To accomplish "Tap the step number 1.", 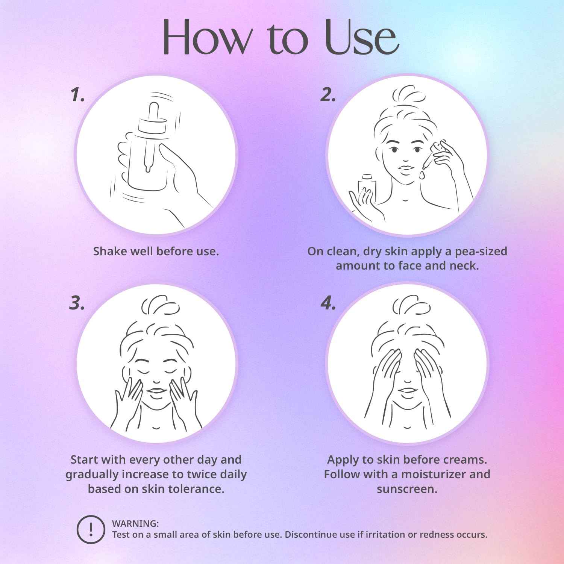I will (x=77, y=96).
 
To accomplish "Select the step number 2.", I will (x=328, y=96).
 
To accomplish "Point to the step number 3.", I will (x=77, y=303).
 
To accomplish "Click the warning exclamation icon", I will (x=91, y=529).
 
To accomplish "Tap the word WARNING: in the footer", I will (x=135, y=523).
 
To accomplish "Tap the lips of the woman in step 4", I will (x=406, y=393).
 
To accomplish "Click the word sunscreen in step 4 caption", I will (x=407, y=489).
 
